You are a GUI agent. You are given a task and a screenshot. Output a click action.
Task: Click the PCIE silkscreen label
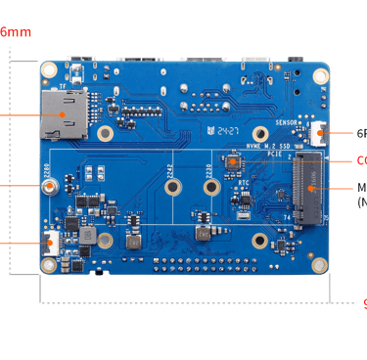tap(275, 153)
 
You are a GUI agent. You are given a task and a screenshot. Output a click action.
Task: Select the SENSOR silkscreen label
tap(290, 124)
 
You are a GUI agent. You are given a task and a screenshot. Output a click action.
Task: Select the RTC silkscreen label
tap(243, 182)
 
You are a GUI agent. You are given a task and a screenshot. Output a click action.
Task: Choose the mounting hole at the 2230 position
tap(260, 135)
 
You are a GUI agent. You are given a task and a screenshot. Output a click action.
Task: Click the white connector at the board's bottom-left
tap(52, 242)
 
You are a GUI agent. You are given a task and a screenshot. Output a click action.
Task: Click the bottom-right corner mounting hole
tap(316, 262)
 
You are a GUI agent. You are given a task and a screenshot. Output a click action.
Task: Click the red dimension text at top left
tap(13, 32)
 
